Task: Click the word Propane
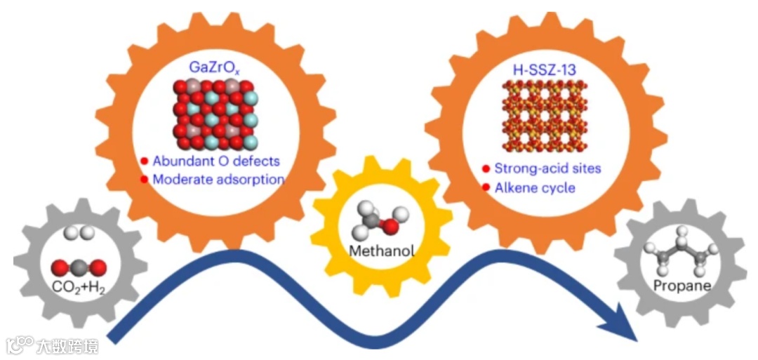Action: tap(682, 286)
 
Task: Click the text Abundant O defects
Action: tap(216, 161)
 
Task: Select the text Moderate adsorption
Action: tap(218, 179)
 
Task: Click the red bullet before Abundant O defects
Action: tap(144, 161)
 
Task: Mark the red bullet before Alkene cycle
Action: tap(485, 187)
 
